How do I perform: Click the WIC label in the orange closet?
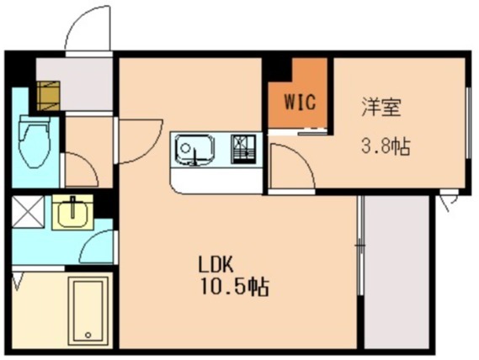pos(299,103)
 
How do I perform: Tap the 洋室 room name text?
pos(381,108)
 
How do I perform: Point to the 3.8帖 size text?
pos(385,147)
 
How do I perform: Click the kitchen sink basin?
pos(194,150)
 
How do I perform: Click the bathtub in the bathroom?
pos(88,309)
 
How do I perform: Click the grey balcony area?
pos(396,269)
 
